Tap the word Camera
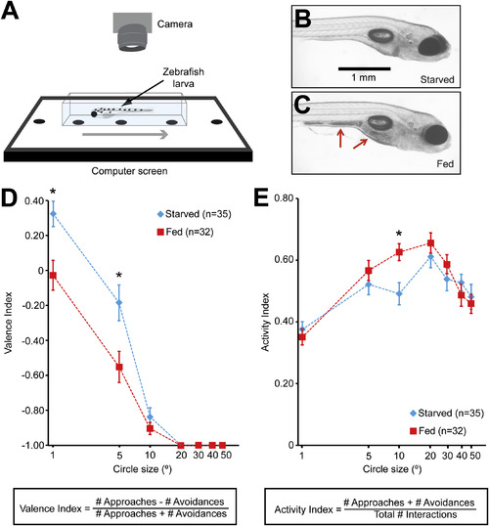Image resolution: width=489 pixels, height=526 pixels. [174, 24]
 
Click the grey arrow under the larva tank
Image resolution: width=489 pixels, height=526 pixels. [125, 135]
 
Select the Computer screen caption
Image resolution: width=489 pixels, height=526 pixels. [129, 171]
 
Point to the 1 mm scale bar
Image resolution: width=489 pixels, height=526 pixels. [364, 68]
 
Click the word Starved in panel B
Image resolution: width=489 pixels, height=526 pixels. [437, 79]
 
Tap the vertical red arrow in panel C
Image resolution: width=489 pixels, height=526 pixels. [340, 139]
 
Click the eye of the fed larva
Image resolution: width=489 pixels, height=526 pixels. [436, 135]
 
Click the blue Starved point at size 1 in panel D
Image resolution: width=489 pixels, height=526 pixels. [53, 214]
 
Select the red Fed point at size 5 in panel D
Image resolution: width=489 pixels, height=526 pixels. [119, 367]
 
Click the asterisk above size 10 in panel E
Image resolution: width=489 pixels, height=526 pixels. [399, 234]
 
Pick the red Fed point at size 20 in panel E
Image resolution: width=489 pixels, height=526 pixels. [430, 243]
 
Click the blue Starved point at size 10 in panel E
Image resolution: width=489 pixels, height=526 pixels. [399, 294]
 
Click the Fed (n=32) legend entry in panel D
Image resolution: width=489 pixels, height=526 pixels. [185, 232]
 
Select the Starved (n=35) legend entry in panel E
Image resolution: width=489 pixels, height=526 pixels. [447, 413]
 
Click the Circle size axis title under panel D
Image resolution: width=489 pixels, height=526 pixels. [143, 468]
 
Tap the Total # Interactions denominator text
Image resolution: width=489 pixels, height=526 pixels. [416, 514]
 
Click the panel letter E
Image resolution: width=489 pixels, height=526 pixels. [261, 198]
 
